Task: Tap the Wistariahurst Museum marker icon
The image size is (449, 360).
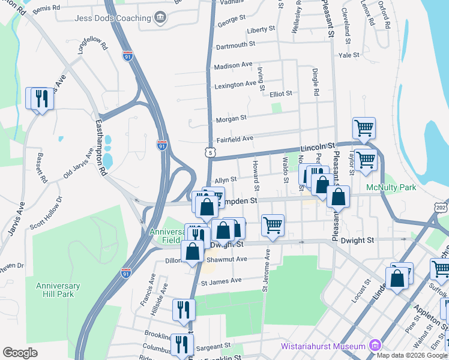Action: (x=375, y=346)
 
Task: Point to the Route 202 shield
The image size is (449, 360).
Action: (x=441, y=207)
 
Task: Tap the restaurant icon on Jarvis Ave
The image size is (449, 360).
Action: (x=41, y=98)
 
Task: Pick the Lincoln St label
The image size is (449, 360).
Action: (x=318, y=146)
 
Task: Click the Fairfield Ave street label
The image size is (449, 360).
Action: (x=235, y=139)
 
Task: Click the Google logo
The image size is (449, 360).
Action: (x=20, y=353)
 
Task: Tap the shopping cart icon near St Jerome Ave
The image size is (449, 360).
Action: (x=273, y=226)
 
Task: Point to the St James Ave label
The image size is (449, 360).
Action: (x=221, y=280)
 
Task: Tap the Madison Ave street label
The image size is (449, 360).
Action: (x=234, y=65)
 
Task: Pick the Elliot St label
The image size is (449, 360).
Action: (x=280, y=94)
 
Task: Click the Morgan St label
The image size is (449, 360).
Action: (x=232, y=118)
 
